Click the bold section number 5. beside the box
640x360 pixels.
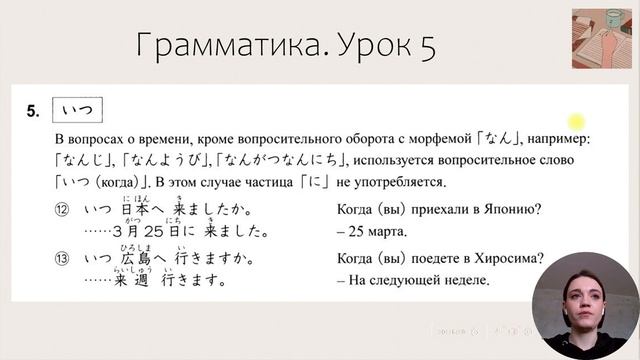coord(34,111)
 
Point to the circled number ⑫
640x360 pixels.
coord(63,211)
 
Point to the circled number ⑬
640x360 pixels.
coord(63,259)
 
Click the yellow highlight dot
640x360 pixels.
coord(577,121)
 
